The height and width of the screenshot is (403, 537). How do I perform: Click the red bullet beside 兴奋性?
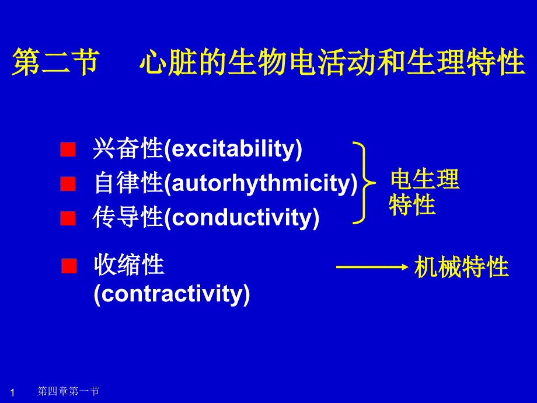pos(68,150)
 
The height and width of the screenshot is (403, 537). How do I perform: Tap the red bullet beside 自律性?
pos(68,183)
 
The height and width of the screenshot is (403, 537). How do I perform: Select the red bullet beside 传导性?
pos(68,218)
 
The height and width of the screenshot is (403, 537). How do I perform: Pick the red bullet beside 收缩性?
pos(69,266)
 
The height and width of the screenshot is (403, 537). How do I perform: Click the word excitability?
pos(233,149)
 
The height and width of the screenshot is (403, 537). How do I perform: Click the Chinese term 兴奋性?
pos(128,148)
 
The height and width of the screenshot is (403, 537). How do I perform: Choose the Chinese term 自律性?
pos(128,183)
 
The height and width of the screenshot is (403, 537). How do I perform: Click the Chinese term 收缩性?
pos(129,264)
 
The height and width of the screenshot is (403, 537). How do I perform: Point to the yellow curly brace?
pos(364,183)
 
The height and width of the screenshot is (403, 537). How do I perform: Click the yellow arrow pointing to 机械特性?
pos(372,267)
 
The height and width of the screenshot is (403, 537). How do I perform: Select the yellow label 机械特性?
pos(461,266)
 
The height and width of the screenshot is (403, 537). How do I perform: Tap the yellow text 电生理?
pos(425,179)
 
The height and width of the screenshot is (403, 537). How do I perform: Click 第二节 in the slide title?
pos(56,62)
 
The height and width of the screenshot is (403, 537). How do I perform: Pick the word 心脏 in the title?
pos(169,62)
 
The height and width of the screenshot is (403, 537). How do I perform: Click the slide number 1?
pos(13,392)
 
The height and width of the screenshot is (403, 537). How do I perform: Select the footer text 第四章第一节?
pos(68,391)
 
